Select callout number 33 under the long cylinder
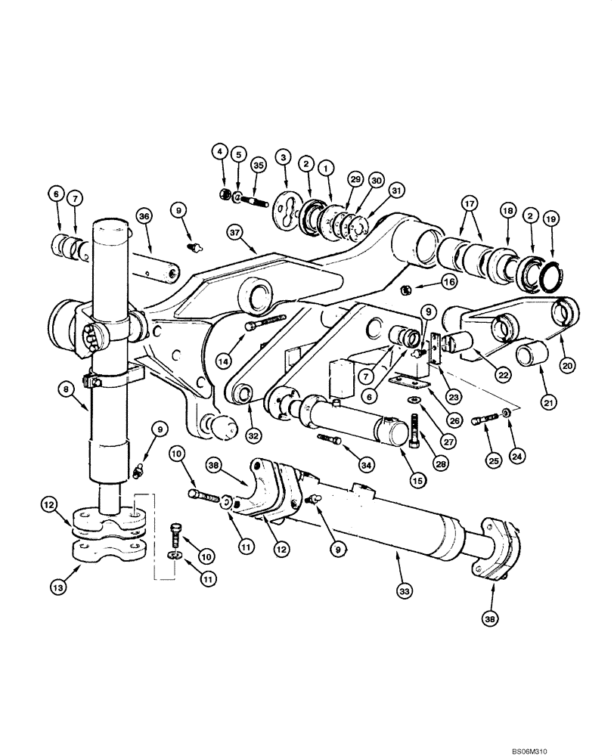(x=405, y=592)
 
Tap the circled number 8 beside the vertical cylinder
(x=66, y=388)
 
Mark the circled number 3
(x=284, y=157)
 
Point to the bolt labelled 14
(x=268, y=323)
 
